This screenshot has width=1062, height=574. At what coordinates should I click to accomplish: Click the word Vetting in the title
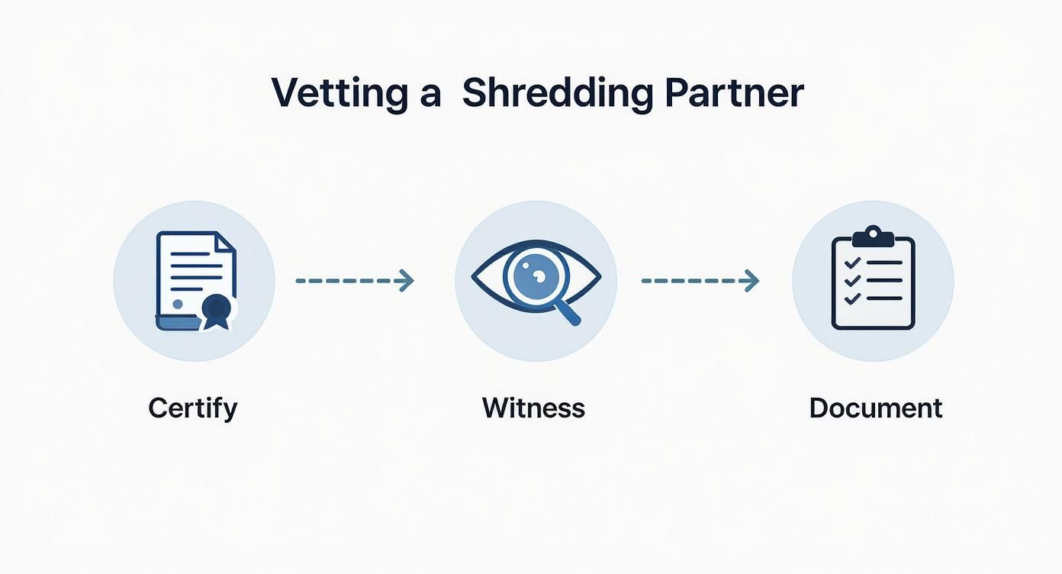(x=340, y=93)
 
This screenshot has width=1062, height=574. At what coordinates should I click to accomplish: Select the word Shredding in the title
(x=558, y=93)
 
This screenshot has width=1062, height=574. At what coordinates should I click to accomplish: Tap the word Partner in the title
(x=735, y=92)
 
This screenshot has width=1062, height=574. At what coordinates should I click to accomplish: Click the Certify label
(x=193, y=408)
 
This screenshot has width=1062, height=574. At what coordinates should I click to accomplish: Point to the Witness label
(x=533, y=408)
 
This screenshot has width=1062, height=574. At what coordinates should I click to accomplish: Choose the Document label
(x=876, y=408)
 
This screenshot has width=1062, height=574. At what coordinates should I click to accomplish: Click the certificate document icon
(x=196, y=281)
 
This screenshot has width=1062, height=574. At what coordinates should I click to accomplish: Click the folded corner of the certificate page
(x=226, y=241)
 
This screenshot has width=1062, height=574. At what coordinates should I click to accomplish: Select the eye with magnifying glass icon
(x=536, y=281)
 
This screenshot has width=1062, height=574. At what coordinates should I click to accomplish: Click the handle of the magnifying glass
(x=568, y=314)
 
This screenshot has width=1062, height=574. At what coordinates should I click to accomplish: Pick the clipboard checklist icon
(x=874, y=278)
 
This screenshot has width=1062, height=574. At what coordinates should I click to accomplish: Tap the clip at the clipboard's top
(x=874, y=237)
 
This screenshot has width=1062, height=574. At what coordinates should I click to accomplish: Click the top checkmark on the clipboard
(x=852, y=263)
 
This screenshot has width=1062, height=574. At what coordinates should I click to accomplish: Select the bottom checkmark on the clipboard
(x=852, y=299)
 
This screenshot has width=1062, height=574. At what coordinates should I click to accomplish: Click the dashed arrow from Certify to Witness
(x=355, y=281)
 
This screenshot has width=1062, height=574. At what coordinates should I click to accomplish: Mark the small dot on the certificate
(x=178, y=304)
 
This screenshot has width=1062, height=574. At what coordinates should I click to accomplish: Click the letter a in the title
(x=430, y=96)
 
